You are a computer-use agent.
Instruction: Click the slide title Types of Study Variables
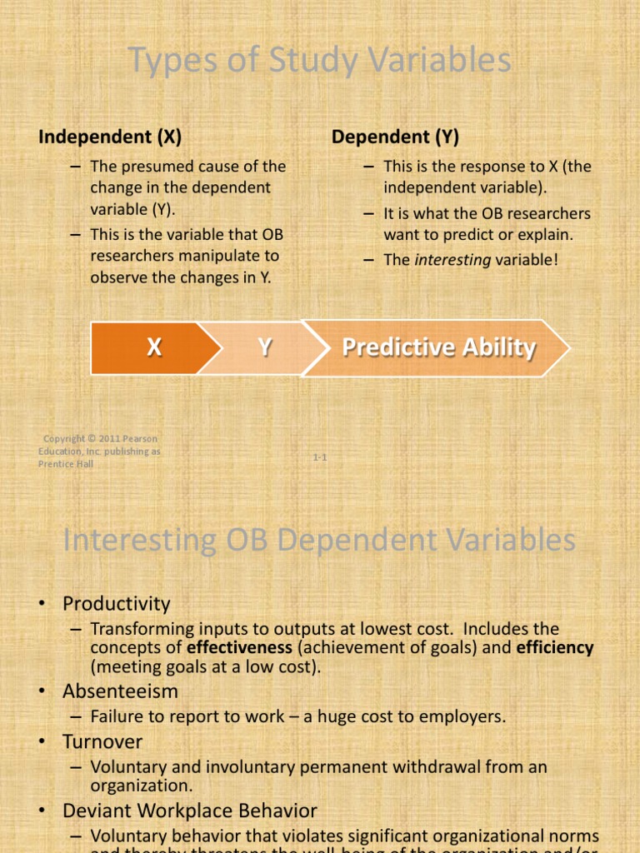320,62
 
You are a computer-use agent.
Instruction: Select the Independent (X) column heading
110,137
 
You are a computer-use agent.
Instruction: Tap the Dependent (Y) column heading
395,137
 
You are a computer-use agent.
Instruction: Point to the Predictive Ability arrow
438,347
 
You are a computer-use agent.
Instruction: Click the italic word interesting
453,260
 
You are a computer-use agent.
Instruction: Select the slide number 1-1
320,457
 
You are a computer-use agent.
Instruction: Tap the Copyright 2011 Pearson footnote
99,451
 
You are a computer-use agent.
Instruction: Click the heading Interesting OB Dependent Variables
320,540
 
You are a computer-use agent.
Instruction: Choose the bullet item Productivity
116,603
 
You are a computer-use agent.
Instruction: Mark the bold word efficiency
552,647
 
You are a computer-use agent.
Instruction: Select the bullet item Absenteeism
120,691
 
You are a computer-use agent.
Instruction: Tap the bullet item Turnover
102,741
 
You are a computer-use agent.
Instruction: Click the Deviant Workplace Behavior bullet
189,810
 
